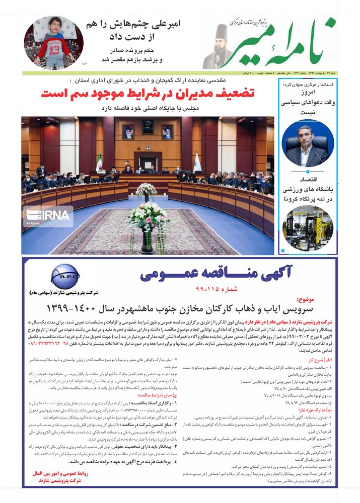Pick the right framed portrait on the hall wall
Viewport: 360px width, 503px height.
(x=167, y=132)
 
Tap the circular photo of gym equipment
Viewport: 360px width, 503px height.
(x=308, y=226)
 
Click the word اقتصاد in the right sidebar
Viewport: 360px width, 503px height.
(x=308, y=179)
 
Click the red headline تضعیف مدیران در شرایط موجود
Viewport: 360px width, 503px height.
(x=148, y=93)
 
